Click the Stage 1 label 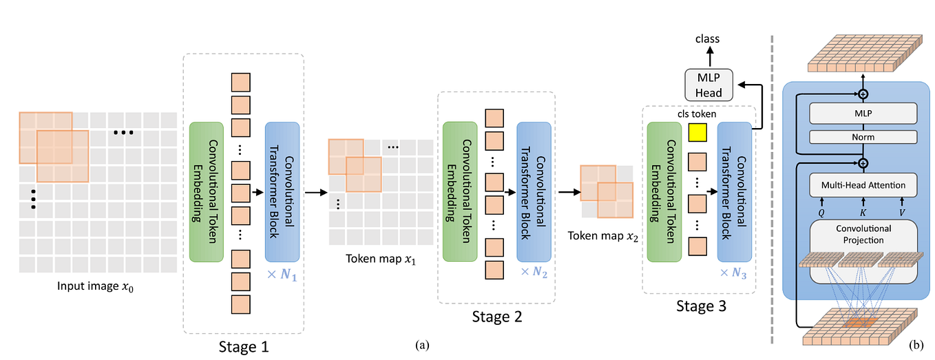[x=244, y=346]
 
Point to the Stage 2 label [x=496, y=317]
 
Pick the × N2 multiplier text [x=534, y=272]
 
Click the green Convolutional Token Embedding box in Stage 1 [x=206, y=192]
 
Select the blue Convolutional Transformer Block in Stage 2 [x=534, y=192]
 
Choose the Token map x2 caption [x=603, y=235]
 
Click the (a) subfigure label [x=422, y=344]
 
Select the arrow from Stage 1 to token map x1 [x=314, y=192]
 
